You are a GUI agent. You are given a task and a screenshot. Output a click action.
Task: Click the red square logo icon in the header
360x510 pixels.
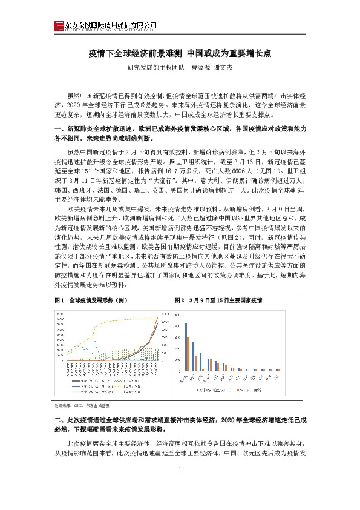[x=59, y=25]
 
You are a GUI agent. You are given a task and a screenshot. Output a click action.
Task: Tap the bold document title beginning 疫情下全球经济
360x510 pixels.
[x=180, y=53]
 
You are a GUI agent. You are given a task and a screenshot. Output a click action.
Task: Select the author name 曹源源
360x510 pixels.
[x=203, y=68]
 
